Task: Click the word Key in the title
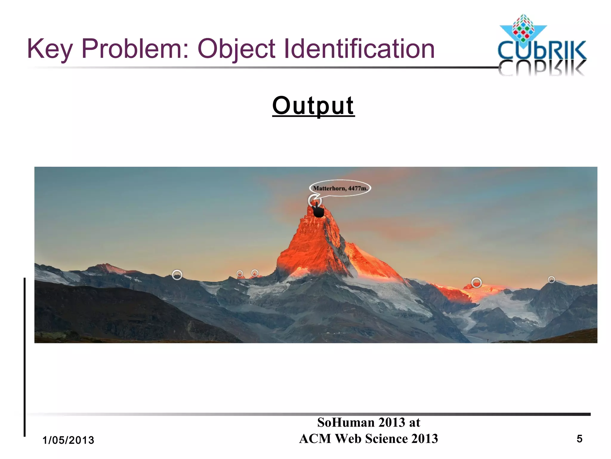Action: click(50, 49)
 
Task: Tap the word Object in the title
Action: click(236, 49)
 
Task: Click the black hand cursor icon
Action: click(318, 210)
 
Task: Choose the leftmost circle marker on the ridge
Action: click(177, 275)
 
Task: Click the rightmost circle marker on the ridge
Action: click(551, 279)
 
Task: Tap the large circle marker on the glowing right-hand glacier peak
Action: click(476, 282)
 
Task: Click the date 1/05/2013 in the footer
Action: click(68, 440)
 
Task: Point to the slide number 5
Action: click(579, 439)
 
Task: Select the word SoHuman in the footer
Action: click(346, 423)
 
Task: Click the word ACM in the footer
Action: click(315, 439)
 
